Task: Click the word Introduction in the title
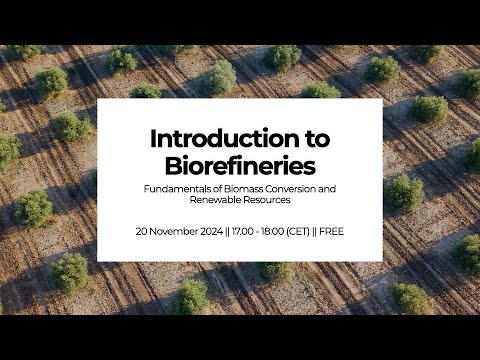click(x=225, y=138)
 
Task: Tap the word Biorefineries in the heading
click(x=240, y=166)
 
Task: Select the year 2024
click(x=211, y=231)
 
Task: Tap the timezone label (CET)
click(x=298, y=231)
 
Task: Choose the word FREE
click(x=331, y=231)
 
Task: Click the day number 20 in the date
click(x=140, y=231)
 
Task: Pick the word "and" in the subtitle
click(x=327, y=189)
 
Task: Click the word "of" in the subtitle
click(x=218, y=189)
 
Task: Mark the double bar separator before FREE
click(x=315, y=231)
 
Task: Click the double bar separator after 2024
click(x=227, y=231)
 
